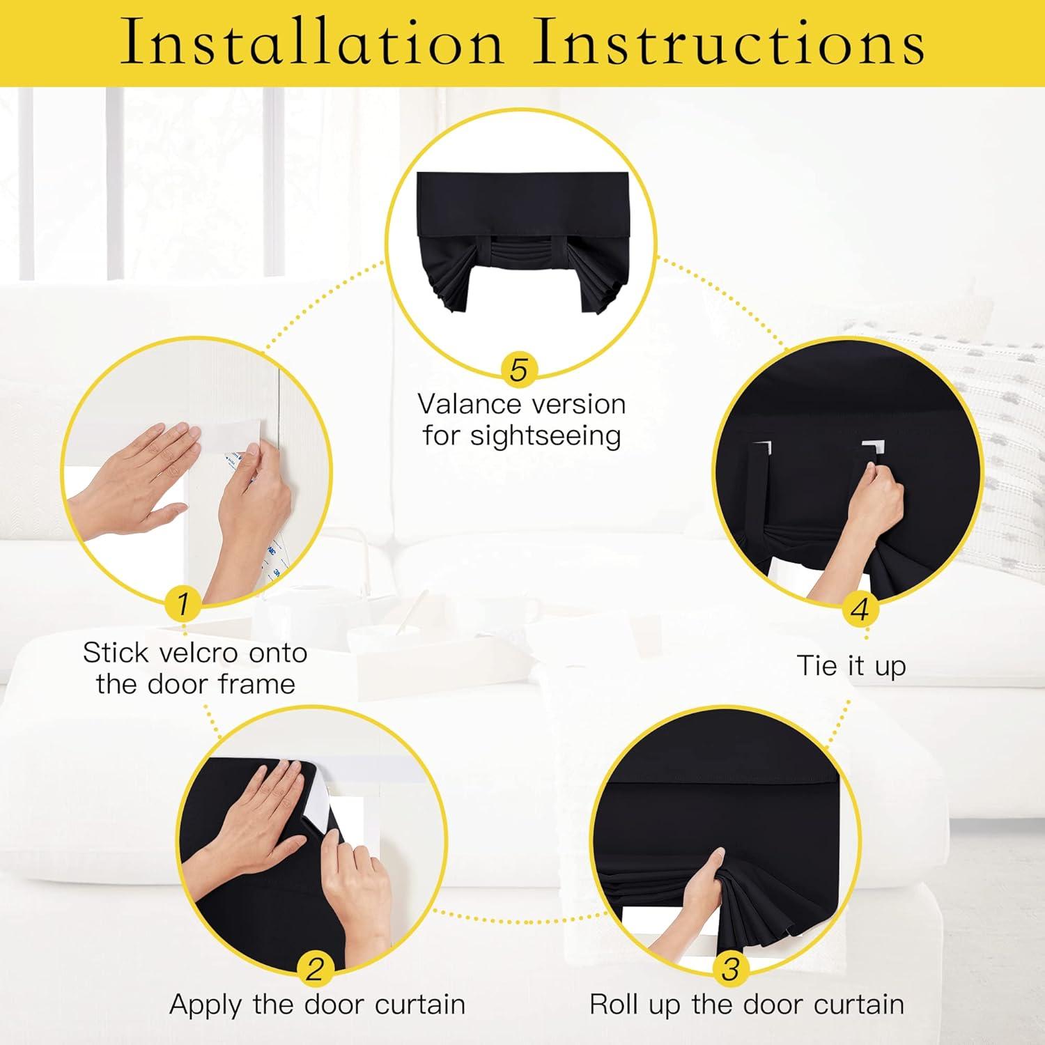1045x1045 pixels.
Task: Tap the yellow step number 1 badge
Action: [x=183, y=603]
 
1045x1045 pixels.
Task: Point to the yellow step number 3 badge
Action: [x=731, y=968]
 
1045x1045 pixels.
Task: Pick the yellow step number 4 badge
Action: [x=860, y=610]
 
